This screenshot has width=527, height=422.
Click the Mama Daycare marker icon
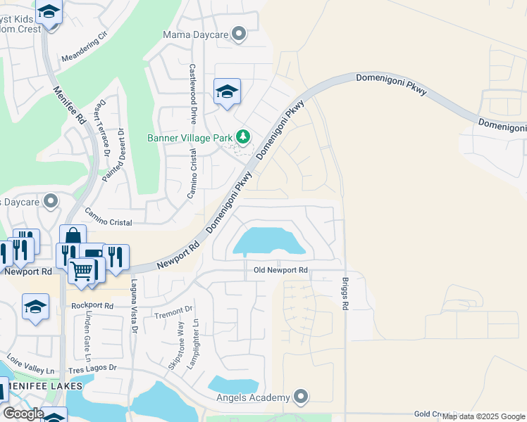coord(240,33)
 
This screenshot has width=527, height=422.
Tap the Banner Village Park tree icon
coord(243,136)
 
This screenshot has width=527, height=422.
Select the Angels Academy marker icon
coord(302,397)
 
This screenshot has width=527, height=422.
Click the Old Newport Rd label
coord(280,270)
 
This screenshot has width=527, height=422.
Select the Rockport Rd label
coord(92,306)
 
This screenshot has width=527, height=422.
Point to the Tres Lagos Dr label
coord(92,369)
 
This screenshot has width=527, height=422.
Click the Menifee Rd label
coord(69,105)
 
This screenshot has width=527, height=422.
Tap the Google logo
coord(23,414)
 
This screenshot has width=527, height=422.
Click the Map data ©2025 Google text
coord(483,417)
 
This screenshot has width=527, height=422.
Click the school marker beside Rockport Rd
coord(35,307)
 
